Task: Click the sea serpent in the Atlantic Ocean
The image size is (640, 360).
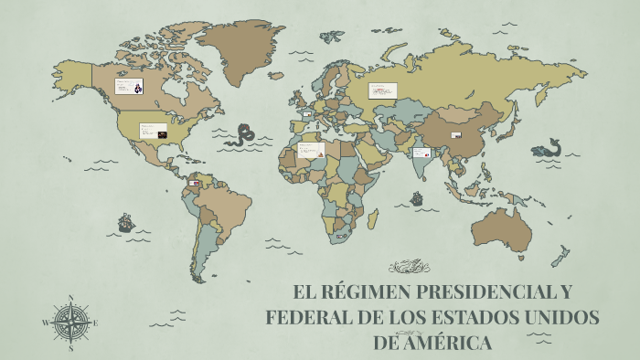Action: pyautogui.click(x=244, y=135)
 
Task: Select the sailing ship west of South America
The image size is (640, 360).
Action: pyautogui.click(x=125, y=222)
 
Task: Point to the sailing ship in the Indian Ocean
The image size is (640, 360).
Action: pyautogui.click(x=417, y=197)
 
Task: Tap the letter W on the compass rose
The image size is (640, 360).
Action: pyautogui.click(x=46, y=323)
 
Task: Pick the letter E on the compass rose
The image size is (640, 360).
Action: pyautogui.click(x=95, y=323)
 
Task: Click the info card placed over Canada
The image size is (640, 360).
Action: pyautogui.click(x=128, y=87)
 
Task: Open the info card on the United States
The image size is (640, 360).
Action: pyautogui.click(x=153, y=131)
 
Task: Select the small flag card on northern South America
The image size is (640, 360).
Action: pyautogui.click(x=194, y=183)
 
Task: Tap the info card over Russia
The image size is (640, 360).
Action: pyautogui.click(x=383, y=90)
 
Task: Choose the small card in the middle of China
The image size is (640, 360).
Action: pyautogui.click(x=456, y=135)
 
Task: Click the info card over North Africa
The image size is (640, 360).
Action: pyautogui.click(x=311, y=150)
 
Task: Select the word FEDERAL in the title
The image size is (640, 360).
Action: pyautogui.click(x=308, y=318)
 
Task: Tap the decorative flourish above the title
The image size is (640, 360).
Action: pyautogui.click(x=409, y=267)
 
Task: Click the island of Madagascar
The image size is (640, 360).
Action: pyautogui.click(x=372, y=217)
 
